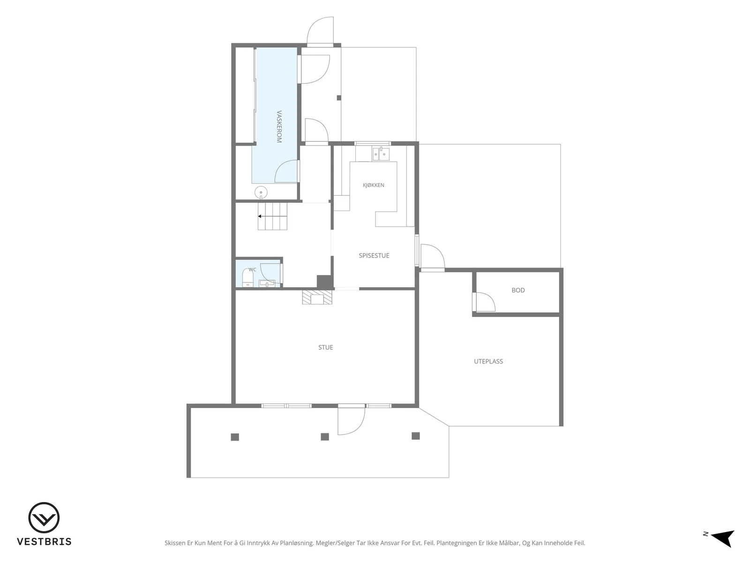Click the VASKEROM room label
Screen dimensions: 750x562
pyautogui.click(x=279, y=126)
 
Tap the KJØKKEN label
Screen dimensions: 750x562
pyautogui.click(x=373, y=185)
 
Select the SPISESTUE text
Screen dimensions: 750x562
pyautogui.click(x=374, y=256)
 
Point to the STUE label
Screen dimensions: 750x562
pyautogui.click(x=325, y=348)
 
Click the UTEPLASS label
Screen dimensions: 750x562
pyautogui.click(x=488, y=362)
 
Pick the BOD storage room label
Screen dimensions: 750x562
pyautogui.click(x=518, y=290)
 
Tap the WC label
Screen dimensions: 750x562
pyautogui.click(x=252, y=270)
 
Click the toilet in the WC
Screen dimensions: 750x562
pyautogui.click(x=247, y=278)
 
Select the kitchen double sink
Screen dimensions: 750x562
pyautogui.click(x=380, y=154)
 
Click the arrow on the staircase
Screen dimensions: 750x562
pyautogui.click(x=272, y=216)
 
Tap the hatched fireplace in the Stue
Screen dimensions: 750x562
pyautogui.click(x=317, y=297)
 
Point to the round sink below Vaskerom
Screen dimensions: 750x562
pyautogui.click(x=261, y=192)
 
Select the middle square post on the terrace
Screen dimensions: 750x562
pyautogui.click(x=324, y=437)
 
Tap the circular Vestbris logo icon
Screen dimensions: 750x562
pyautogui.click(x=44, y=518)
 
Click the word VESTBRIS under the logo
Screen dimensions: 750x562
pyautogui.click(x=44, y=542)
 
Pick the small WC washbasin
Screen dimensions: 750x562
pyautogui.click(x=267, y=283)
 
